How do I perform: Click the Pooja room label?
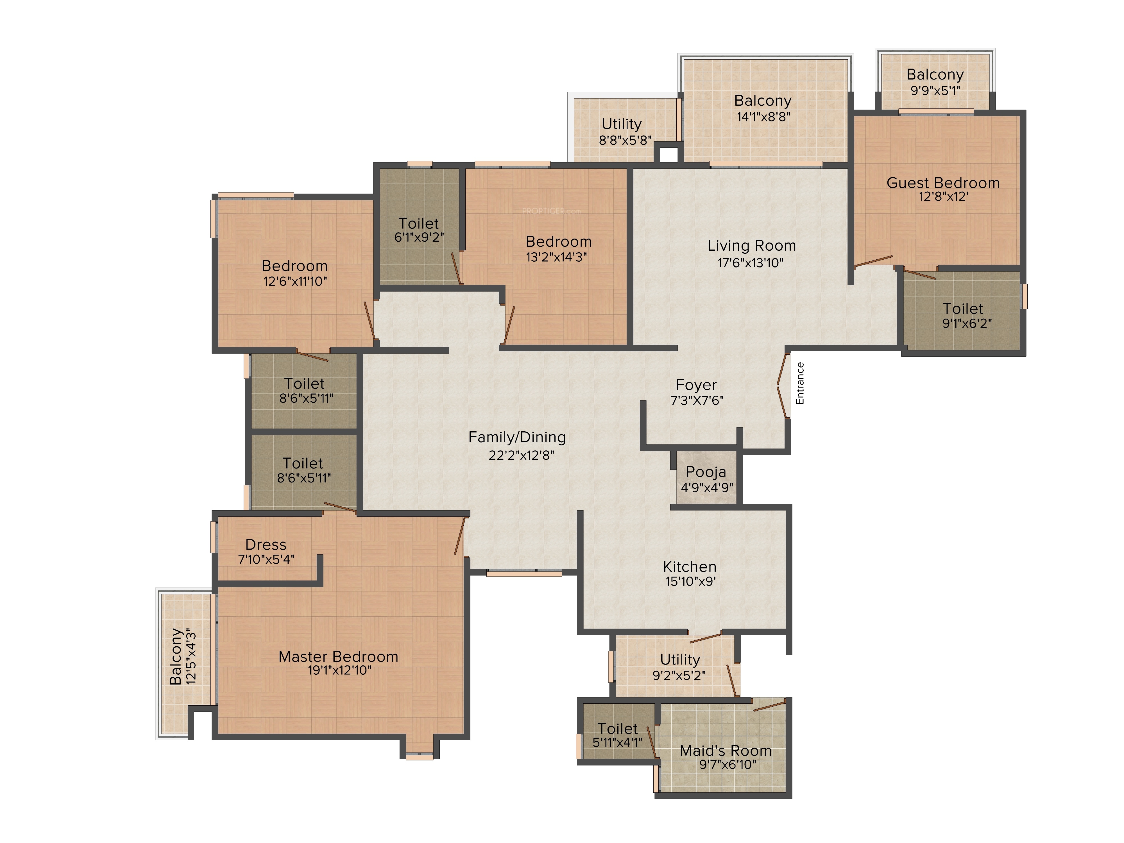click(x=706, y=472)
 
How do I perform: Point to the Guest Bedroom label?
click(x=943, y=183)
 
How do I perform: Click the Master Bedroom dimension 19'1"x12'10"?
click(x=339, y=670)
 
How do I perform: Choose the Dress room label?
click(x=266, y=545)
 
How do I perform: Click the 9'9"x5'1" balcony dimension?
click(x=935, y=90)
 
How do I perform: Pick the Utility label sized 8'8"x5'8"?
click(x=622, y=124)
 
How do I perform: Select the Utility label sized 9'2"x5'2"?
click(x=680, y=660)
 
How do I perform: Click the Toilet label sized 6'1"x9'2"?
click(x=419, y=224)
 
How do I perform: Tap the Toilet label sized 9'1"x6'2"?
click(x=963, y=309)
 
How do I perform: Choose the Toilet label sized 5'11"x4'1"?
click(x=617, y=729)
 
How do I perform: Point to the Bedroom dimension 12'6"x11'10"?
click(x=295, y=281)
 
